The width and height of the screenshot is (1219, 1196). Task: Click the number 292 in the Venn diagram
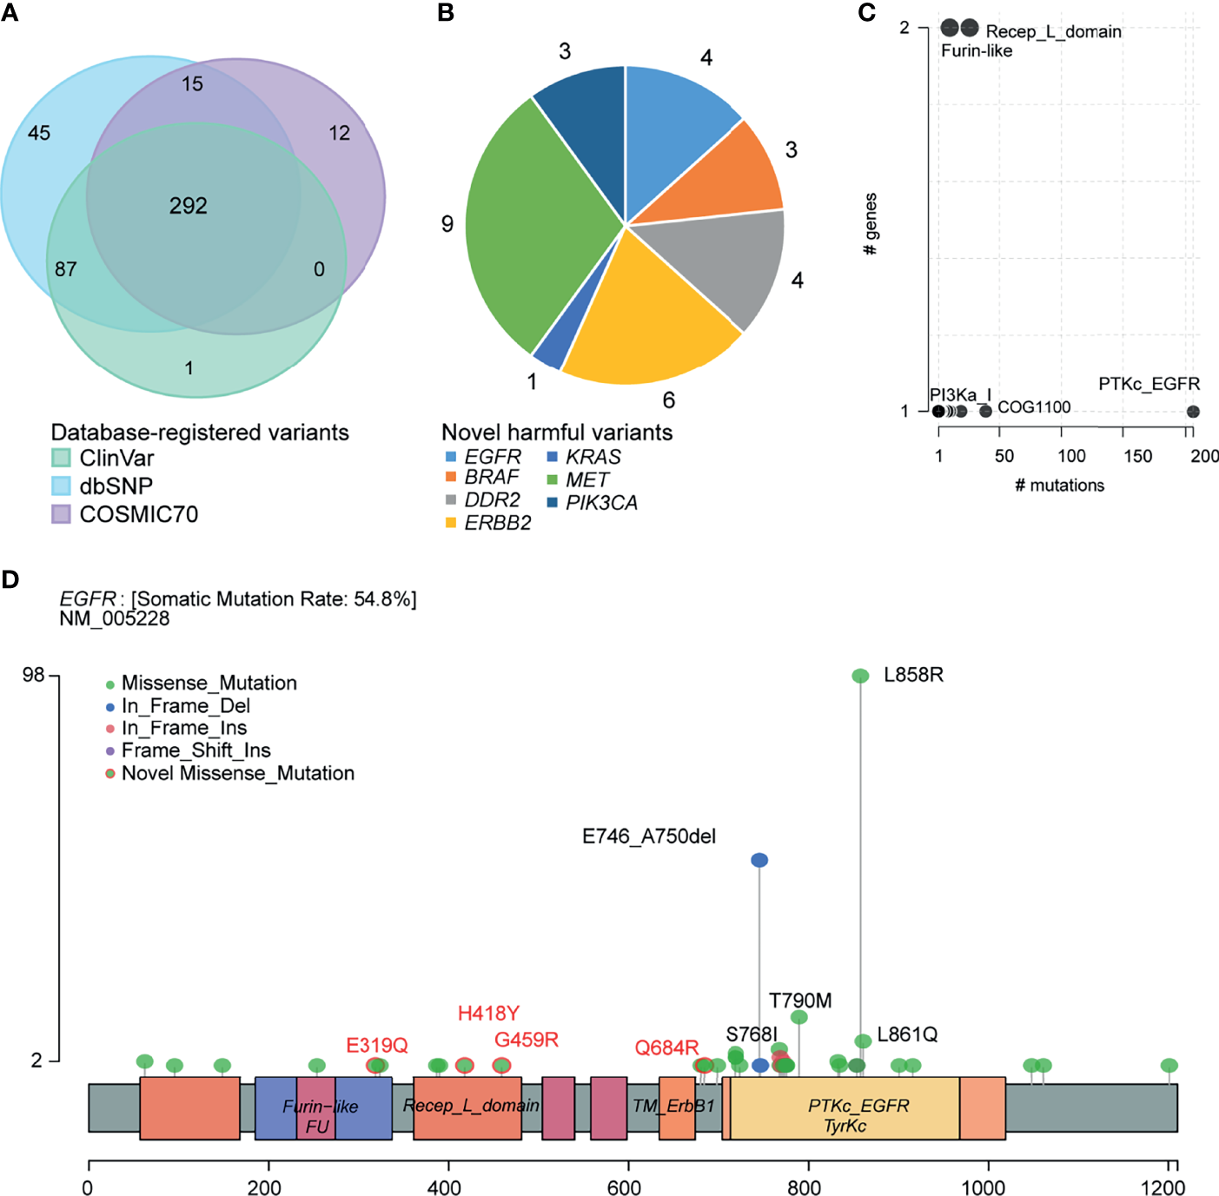pyautogui.click(x=188, y=206)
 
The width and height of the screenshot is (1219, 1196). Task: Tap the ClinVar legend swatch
pyautogui.click(x=61, y=458)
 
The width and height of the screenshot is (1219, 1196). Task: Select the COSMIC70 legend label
pyautogui.click(x=139, y=514)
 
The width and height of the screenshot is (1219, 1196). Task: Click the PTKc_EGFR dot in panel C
pyautogui.click(x=1193, y=412)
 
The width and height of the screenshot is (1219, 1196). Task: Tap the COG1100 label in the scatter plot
pyautogui.click(x=1034, y=407)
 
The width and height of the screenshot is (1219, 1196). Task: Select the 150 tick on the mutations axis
pyautogui.click(x=1137, y=456)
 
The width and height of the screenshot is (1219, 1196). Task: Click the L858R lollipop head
pyautogui.click(x=860, y=676)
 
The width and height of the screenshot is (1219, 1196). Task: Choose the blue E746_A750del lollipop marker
pyautogui.click(x=759, y=860)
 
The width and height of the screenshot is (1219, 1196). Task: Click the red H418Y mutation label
pyautogui.click(x=488, y=1014)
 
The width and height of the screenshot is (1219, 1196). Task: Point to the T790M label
pyautogui.click(x=800, y=1001)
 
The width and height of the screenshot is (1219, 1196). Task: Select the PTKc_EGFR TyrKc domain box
pyautogui.click(x=845, y=1108)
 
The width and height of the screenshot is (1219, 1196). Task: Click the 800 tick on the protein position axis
pyautogui.click(x=804, y=1187)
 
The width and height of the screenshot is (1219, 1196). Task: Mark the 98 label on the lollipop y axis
pyautogui.click(x=33, y=675)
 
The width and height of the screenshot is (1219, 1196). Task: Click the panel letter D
pyautogui.click(x=10, y=579)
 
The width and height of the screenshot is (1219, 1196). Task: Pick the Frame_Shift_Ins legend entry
pyautogui.click(x=195, y=750)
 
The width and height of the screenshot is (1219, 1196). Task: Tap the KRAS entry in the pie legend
pyautogui.click(x=593, y=457)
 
